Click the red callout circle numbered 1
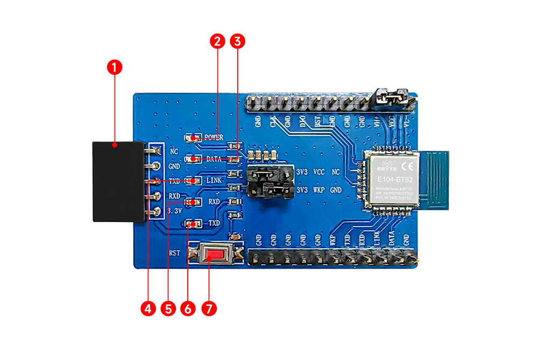pos(115,67)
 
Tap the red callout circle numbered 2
pos(217,41)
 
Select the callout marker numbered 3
pos(237,41)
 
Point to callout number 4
pos(148,308)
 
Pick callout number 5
pos(168,308)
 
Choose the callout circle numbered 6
pos(188,308)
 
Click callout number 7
pos(209,308)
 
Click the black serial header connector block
pos(118,181)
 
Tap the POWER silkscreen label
pos(214,137)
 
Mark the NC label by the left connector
pos(174,151)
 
